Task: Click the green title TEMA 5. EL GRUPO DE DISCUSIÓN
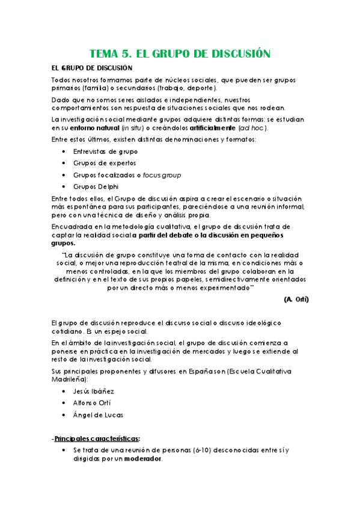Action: [x=180, y=53]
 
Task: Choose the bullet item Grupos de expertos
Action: [x=105, y=163]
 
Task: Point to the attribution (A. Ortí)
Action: [x=296, y=299]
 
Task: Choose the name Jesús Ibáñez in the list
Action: [x=94, y=392]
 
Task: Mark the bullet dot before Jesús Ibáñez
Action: [x=64, y=392]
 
